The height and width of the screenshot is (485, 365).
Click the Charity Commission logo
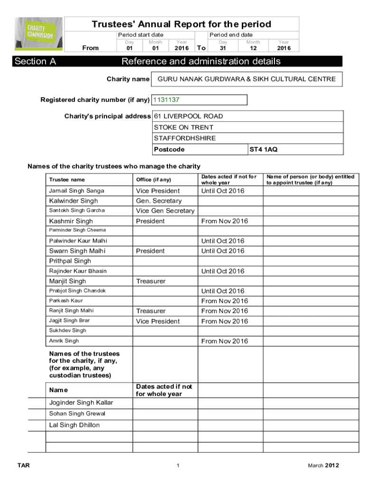point(39,35)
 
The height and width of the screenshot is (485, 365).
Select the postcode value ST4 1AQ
point(264,150)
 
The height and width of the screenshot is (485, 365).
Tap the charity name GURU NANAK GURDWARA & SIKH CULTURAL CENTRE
point(246,80)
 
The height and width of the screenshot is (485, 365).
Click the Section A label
point(31,62)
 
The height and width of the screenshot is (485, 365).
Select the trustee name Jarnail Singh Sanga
point(77,191)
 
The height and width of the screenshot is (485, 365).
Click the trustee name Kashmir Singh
point(71,221)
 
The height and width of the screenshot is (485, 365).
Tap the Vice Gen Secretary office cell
point(165,211)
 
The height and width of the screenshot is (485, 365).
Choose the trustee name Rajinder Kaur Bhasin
point(78,271)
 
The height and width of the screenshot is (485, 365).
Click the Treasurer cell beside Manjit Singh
point(151,281)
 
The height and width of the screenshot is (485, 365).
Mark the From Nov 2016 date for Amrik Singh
point(225,341)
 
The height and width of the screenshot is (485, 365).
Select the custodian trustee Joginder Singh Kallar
point(81,403)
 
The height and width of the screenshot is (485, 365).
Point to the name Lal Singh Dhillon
point(74,425)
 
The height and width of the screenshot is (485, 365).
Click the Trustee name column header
point(67,180)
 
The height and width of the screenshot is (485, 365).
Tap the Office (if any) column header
point(154,180)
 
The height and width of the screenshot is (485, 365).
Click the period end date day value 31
point(223,48)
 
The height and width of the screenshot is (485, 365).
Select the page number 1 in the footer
point(178,466)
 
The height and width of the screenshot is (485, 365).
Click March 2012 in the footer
point(323,466)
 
